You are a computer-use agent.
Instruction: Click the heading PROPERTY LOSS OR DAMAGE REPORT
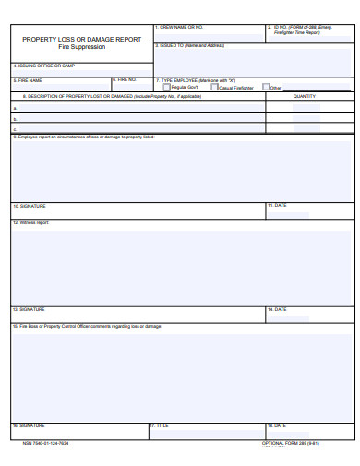[82, 39]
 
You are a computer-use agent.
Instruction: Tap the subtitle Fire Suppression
[82, 47]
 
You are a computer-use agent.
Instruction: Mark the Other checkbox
[266, 87]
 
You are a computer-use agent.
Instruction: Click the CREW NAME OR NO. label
[181, 28]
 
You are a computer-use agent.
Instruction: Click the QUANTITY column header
[305, 95]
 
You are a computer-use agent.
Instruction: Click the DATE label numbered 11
[277, 205]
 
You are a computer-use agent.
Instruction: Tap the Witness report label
[31, 223]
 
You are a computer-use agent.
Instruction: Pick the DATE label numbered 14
[277, 309]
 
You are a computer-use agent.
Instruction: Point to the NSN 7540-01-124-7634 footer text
[46, 443]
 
